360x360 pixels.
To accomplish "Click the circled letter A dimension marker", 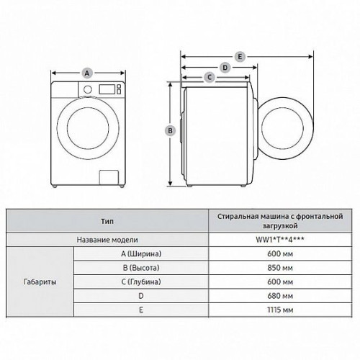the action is (x=87, y=73).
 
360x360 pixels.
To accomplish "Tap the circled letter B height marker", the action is (x=170, y=131).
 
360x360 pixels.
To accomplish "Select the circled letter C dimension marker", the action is (x=210, y=77).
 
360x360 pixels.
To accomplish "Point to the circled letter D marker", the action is (x=225, y=68).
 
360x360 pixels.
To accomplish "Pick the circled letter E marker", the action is (x=240, y=57).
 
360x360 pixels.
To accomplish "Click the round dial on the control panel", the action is (x=88, y=89).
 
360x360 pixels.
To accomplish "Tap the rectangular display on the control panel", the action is (x=107, y=89).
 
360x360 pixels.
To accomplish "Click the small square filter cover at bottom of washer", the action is (x=109, y=177).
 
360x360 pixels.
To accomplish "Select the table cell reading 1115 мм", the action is (x=280, y=310).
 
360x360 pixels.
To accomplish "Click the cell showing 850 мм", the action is (x=280, y=268).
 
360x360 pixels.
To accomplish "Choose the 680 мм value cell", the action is (x=280, y=296).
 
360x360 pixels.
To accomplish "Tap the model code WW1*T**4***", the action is (x=280, y=240).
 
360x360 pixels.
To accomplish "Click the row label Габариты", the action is (x=40, y=282).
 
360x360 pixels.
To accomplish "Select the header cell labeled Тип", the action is (x=107, y=221).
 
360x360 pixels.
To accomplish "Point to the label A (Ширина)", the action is (x=141, y=253).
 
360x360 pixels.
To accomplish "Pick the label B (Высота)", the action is (x=141, y=268).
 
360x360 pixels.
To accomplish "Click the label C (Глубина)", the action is (x=141, y=282).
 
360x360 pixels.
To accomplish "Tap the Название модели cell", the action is (x=107, y=240).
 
